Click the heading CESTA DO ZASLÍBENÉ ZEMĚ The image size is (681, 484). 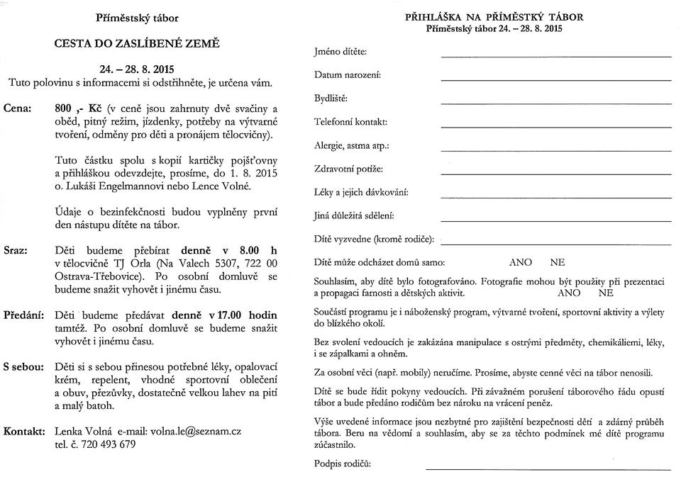point(137,43)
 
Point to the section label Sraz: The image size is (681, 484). point(16,250)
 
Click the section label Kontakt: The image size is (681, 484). point(25,431)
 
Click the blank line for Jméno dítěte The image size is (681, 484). point(555,56)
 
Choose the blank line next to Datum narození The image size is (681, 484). point(555,79)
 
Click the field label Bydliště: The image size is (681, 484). point(331,98)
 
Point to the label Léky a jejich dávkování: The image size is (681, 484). point(361,192)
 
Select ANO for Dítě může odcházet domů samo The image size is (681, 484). point(520,262)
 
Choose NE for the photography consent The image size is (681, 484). point(606,292)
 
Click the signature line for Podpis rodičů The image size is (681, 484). point(548,468)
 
